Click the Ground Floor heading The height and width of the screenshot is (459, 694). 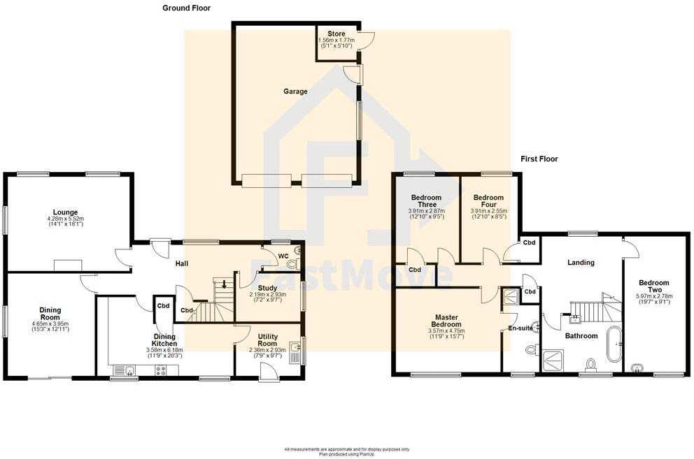pyautogui.click(x=186, y=8)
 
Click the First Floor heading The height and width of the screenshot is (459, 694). pyautogui.click(x=539, y=159)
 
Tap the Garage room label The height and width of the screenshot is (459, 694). pyautogui.click(x=295, y=92)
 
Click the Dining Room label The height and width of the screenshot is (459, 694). pyautogui.click(x=50, y=314)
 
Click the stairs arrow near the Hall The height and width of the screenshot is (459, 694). pyautogui.click(x=224, y=284)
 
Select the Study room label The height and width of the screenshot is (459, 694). pyautogui.click(x=268, y=288)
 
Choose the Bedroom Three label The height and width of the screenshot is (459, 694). pyautogui.click(x=426, y=201)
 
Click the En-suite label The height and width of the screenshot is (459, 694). pyautogui.click(x=519, y=328)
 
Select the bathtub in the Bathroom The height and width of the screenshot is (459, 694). pyautogui.click(x=614, y=344)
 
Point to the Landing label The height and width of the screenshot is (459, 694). pyautogui.click(x=581, y=263)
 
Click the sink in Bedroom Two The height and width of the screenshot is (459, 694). pyautogui.click(x=637, y=367)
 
